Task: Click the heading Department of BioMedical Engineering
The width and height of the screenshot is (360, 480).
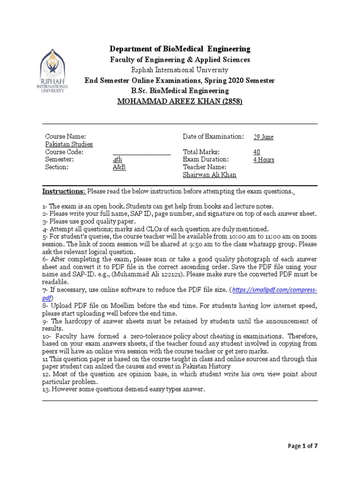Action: (180, 49)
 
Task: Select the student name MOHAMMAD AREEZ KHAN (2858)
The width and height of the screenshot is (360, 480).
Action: (180, 101)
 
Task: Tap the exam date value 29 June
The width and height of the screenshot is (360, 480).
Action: (263, 137)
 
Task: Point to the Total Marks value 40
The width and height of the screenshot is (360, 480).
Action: (256, 152)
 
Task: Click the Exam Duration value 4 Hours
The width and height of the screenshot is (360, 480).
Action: (263, 159)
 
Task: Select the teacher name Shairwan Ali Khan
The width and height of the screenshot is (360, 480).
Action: (210, 175)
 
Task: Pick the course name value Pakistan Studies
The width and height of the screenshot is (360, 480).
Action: (69, 144)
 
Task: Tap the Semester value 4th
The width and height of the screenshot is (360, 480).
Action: (117, 159)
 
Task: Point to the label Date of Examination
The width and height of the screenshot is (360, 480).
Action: (213, 136)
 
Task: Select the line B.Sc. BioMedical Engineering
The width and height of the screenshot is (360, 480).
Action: (180, 90)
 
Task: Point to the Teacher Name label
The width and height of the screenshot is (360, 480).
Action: (205, 167)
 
